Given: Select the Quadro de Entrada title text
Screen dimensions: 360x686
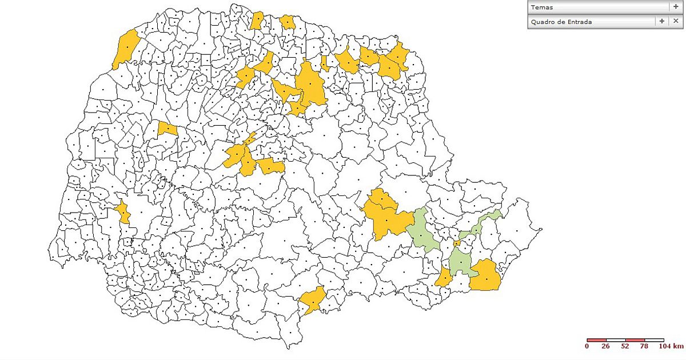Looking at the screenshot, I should [x=561, y=22].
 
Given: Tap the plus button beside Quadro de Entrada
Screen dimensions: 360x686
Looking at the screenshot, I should [x=662, y=21].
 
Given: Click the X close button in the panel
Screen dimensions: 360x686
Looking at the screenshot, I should [x=675, y=21].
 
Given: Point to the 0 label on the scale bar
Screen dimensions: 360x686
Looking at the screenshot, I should [x=587, y=346].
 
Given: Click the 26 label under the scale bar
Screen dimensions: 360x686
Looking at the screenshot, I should [x=606, y=346].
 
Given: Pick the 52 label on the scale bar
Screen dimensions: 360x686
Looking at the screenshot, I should [x=625, y=346].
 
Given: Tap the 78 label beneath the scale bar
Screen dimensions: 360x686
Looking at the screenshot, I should [x=644, y=346].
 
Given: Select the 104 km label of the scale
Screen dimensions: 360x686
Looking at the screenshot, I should [x=670, y=346].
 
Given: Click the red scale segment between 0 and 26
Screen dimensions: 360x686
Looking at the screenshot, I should [x=596, y=340].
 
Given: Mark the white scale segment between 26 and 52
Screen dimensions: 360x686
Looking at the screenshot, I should [x=616, y=340].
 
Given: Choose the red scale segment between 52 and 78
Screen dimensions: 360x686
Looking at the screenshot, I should [x=635, y=340].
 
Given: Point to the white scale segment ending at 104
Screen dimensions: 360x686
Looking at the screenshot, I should [x=654, y=340].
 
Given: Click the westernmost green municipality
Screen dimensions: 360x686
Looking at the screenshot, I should [x=423, y=231].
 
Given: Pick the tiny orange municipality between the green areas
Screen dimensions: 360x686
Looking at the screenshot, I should [x=456, y=244].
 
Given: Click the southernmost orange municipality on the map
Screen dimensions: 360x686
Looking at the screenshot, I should [x=312, y=300].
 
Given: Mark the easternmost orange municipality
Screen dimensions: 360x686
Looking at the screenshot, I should [x=486, y=276].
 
